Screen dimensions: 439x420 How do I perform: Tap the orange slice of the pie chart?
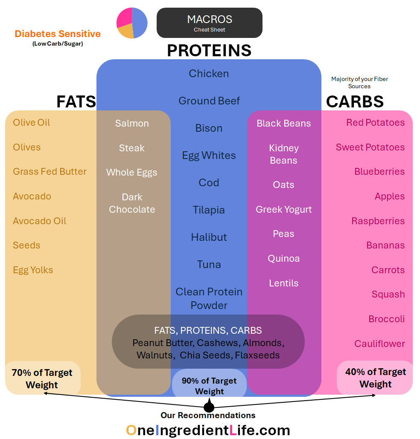point(126,31)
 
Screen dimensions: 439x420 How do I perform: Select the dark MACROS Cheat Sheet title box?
point(210,23)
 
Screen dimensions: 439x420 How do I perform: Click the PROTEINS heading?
point(209,50)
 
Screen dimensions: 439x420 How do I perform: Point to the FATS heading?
point(76,102)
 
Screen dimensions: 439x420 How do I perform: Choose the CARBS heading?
point(355,102)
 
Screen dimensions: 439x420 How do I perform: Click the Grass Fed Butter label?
point(50,172)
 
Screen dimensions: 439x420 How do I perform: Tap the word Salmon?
point(132,123)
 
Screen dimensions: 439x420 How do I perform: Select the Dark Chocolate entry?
point(132,203)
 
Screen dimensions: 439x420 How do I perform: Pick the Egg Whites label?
point(209,156)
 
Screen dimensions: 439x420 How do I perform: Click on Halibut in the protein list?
point(209,237)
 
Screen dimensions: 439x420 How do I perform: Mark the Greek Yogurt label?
point(284,209)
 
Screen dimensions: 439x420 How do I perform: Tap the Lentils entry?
point(284,283)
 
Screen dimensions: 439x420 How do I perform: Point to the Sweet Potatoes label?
point(370,147)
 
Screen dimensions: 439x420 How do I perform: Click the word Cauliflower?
point(379,344)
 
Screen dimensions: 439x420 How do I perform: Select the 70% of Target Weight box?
point(42,378)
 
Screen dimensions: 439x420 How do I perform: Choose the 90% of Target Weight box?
point(209,386)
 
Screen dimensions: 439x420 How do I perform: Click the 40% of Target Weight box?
point(376,378)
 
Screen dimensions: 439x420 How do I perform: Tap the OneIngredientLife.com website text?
point(208,430)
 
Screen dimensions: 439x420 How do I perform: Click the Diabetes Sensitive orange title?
point(58,34)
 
